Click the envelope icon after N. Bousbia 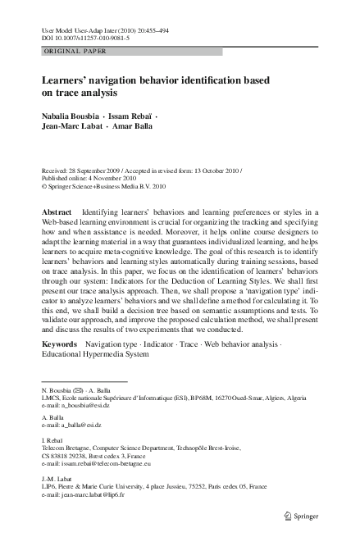tap(79, 389)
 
